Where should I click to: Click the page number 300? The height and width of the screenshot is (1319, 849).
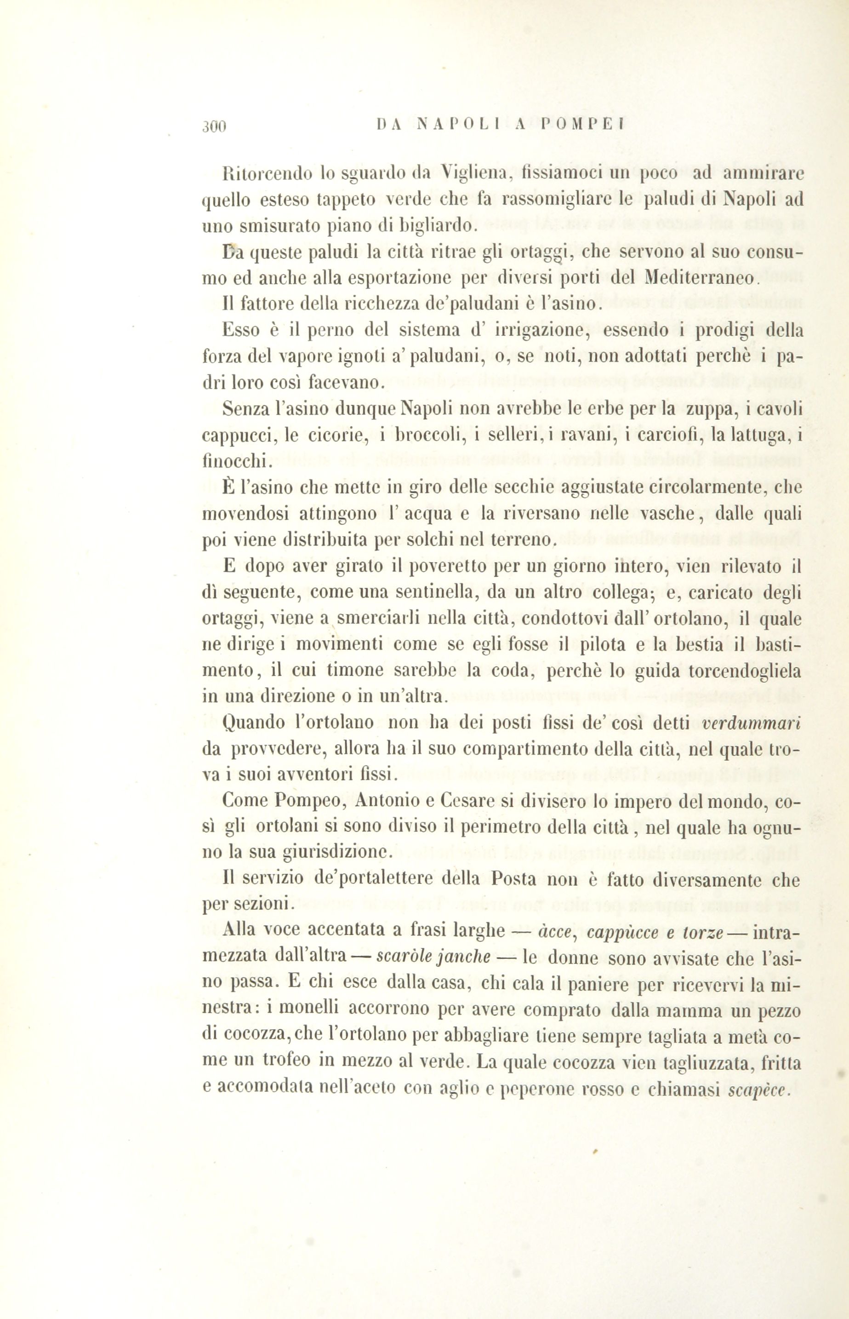[214, 127]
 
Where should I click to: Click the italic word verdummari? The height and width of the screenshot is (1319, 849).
[752, 723]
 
